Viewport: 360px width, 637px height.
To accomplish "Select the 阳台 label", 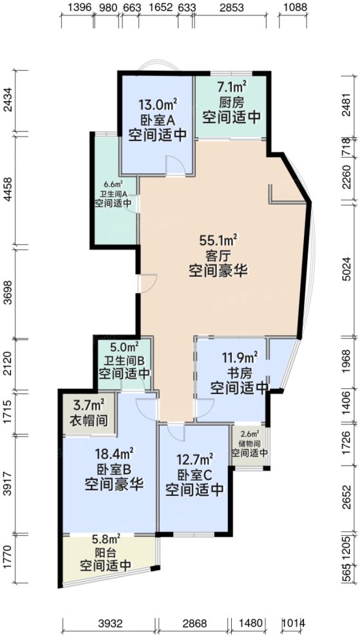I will (x=106, y=551).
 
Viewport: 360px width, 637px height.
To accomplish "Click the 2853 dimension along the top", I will (x=231, y=8).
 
